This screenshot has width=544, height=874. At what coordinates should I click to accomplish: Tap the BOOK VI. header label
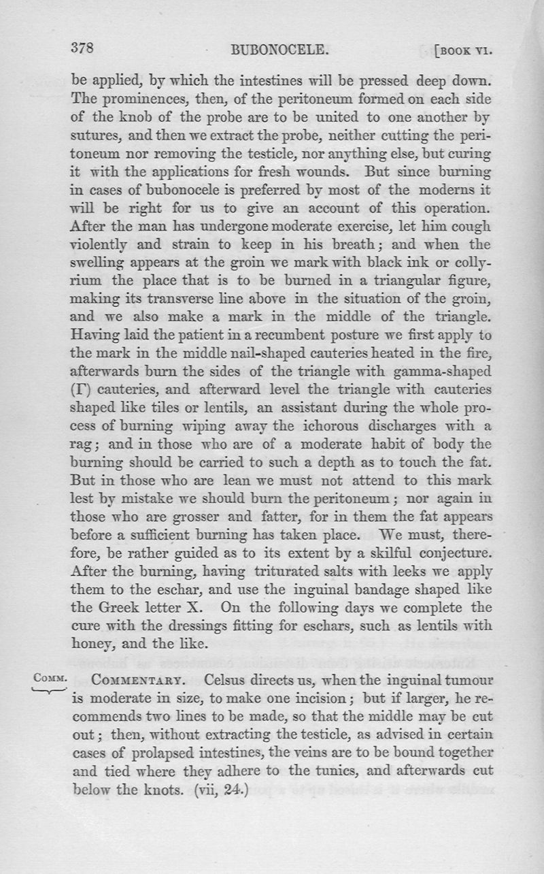[462, 50]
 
